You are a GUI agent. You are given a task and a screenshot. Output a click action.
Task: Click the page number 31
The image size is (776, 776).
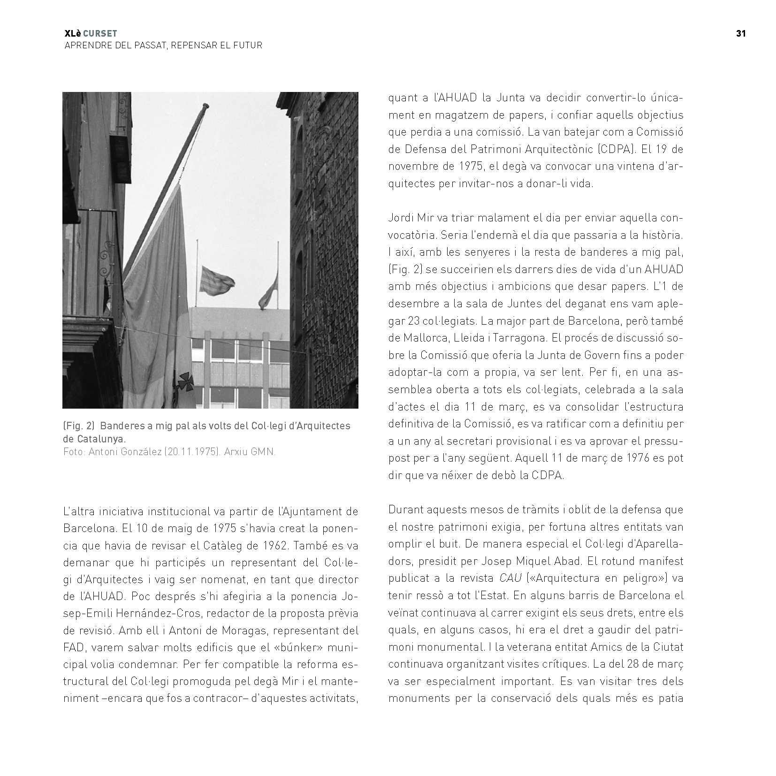741,33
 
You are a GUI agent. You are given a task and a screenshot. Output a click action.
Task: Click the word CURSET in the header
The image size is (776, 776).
100,33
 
